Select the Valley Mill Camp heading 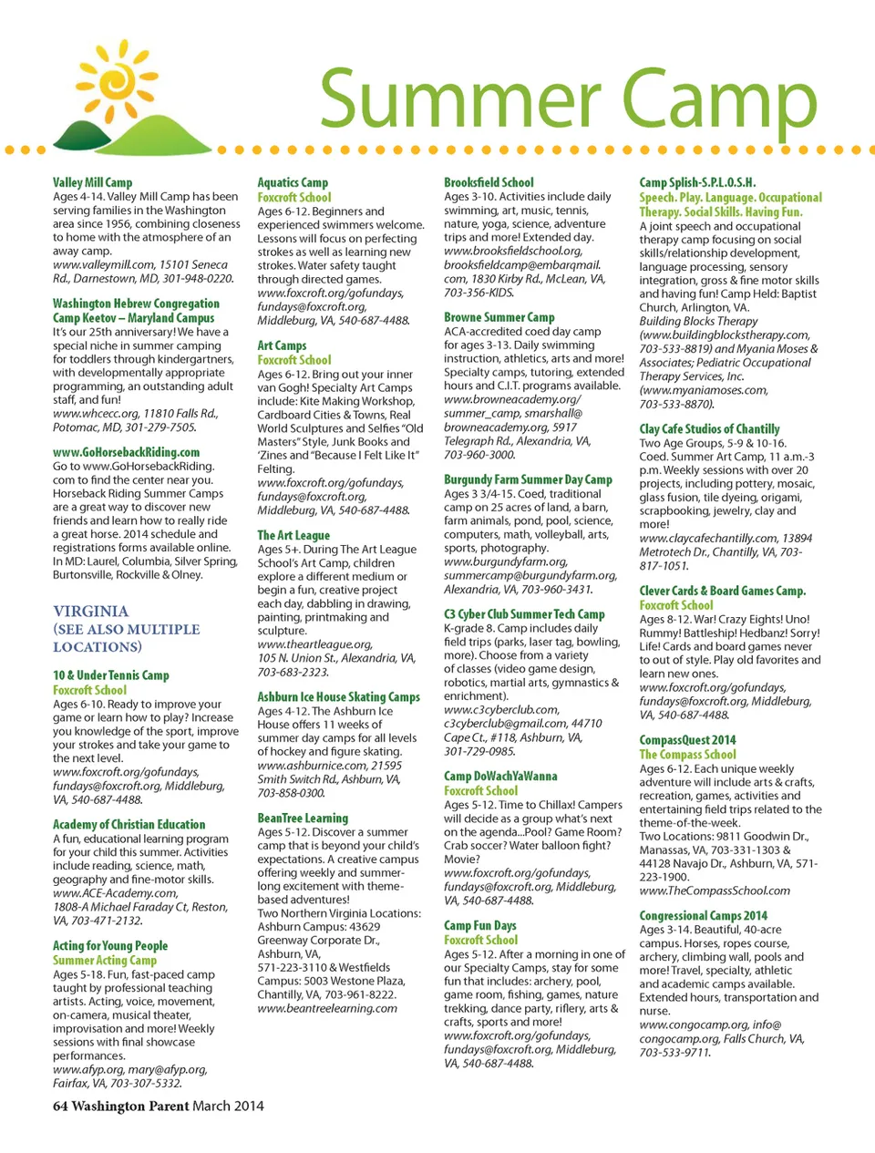pos(92,182)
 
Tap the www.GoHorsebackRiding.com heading pos(126,452)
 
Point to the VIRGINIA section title pos(90,611)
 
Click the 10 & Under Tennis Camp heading pos(110,675)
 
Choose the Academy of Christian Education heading pos(129,824)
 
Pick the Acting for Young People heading pos(109,946)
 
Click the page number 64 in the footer pos(60,1106)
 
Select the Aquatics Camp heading pos(293,182)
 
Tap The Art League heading pos(293,535)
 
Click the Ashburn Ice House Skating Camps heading pos(338,696)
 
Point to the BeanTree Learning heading pos(303,818)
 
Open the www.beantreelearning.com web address pos(327,1008)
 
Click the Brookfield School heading pos(489,182)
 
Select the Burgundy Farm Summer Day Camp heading pos(528,479)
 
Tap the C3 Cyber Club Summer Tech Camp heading pos(524,614)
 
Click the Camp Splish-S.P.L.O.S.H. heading pos(697,182)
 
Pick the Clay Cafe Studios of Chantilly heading pos(709,428)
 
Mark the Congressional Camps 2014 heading pos(703,915)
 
